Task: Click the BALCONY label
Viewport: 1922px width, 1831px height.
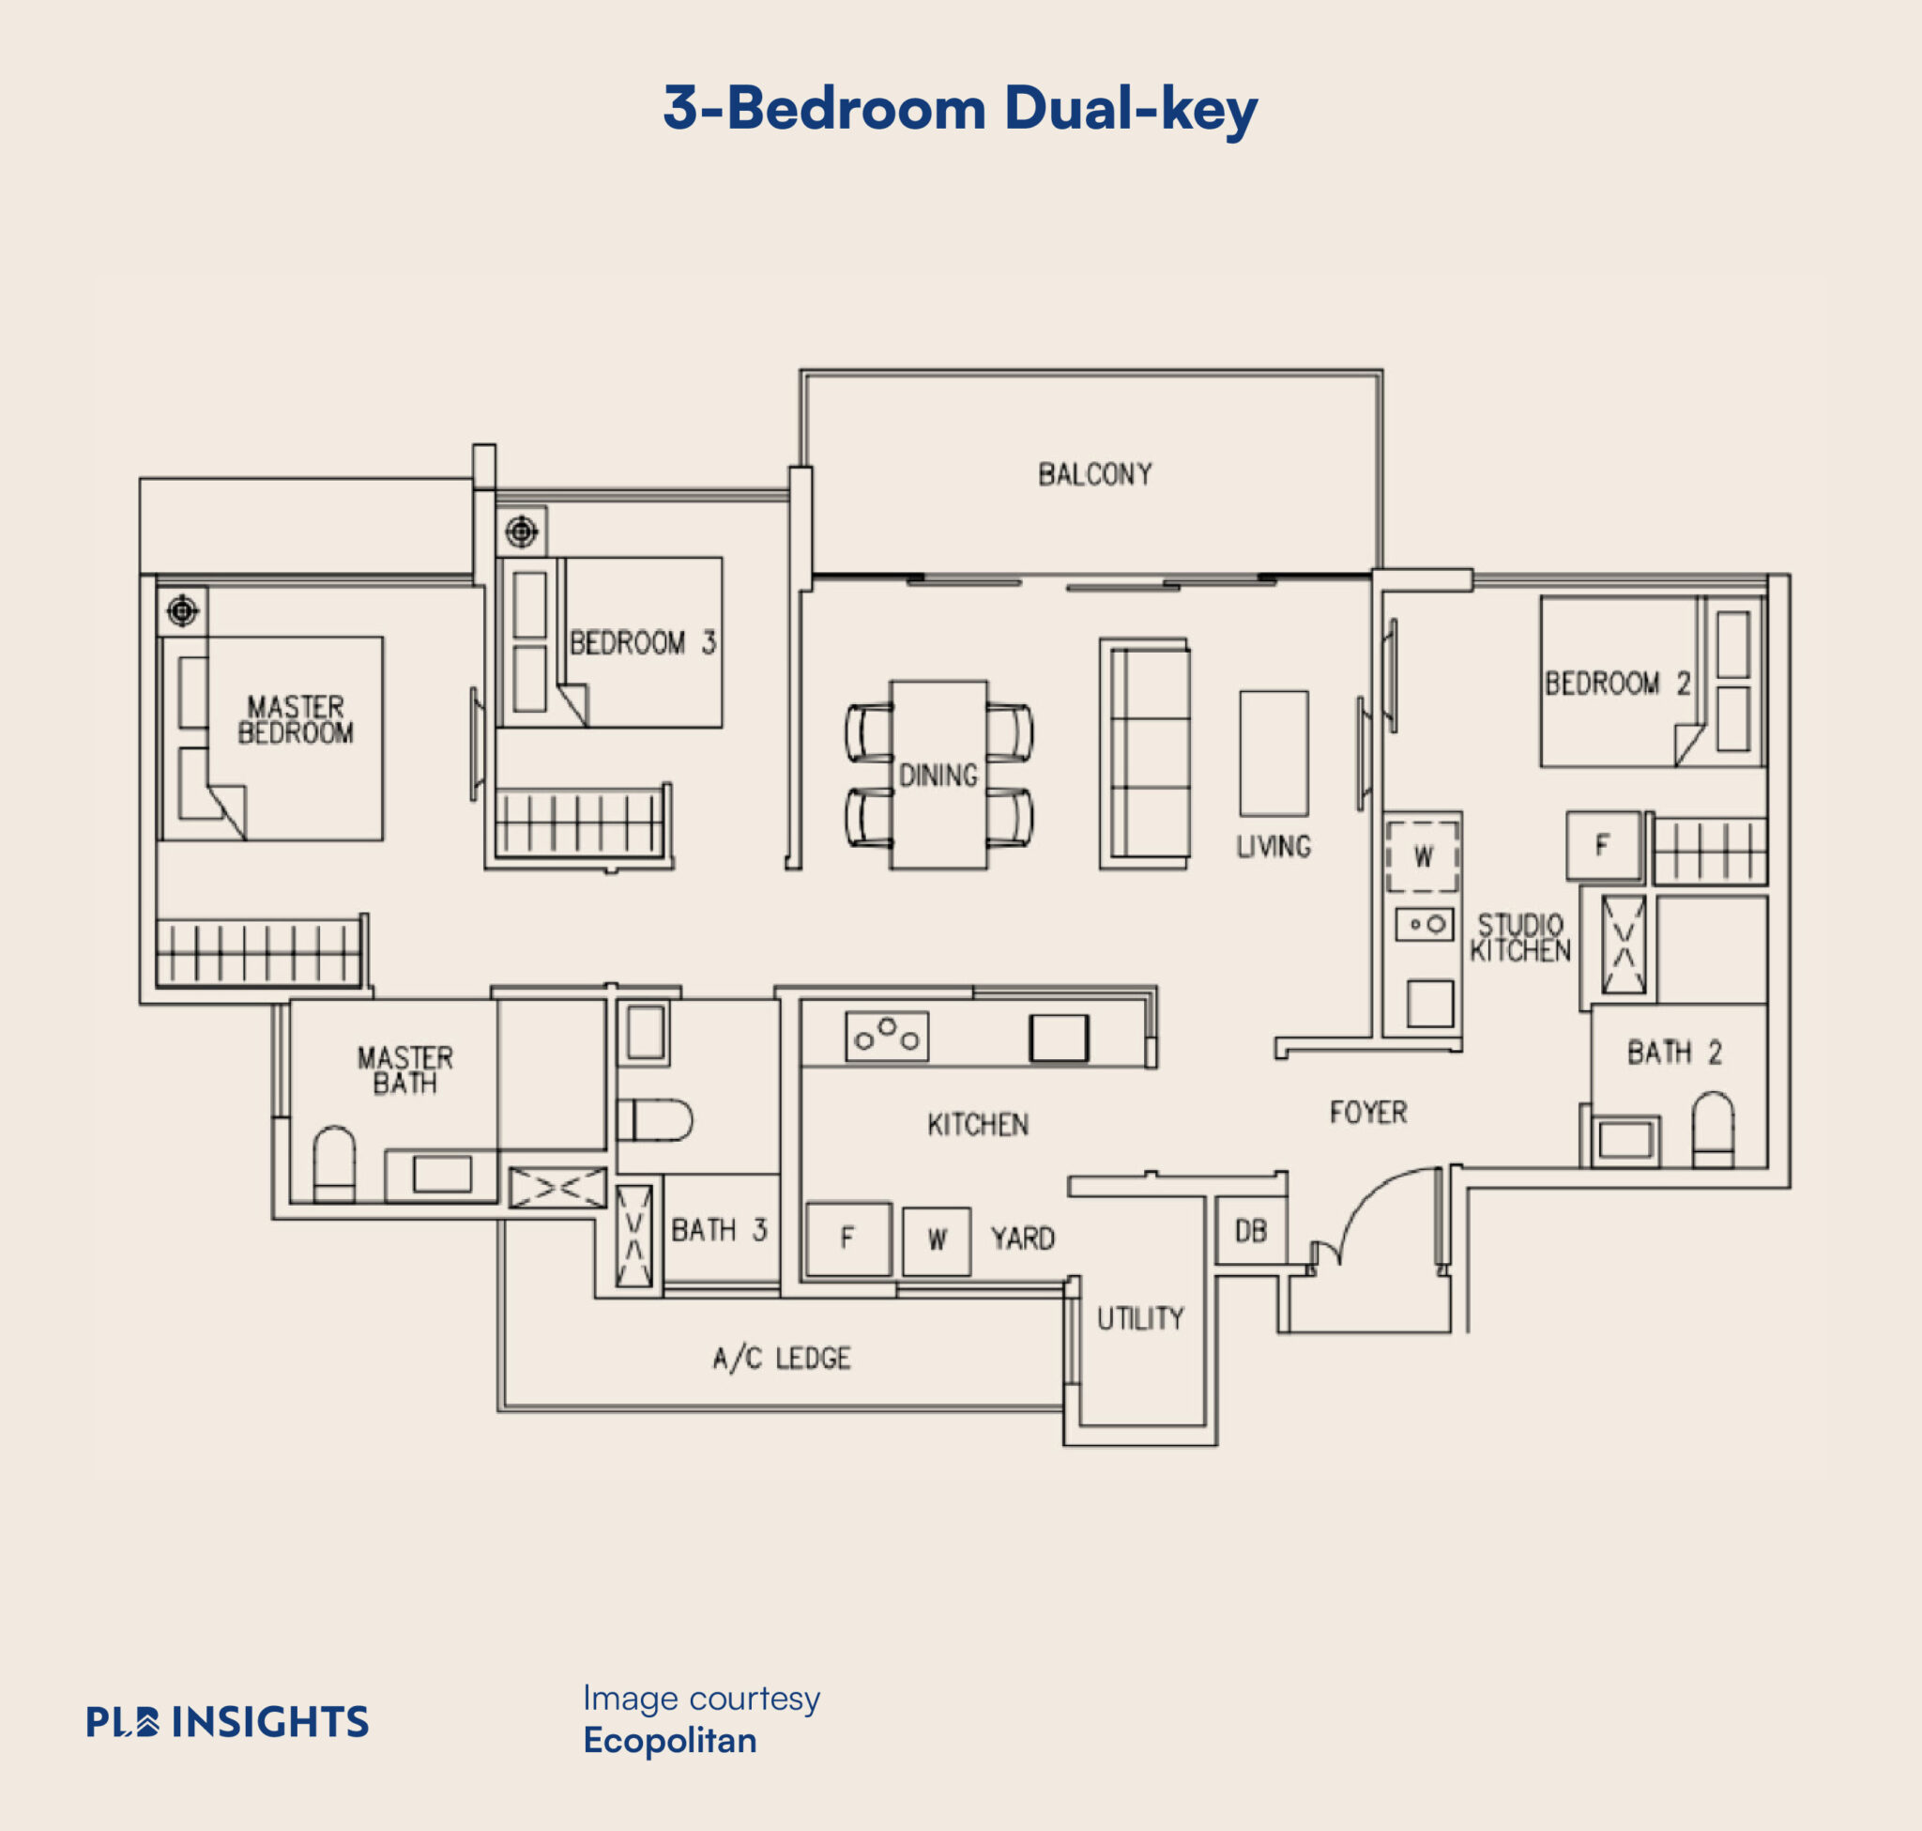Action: [1094, 474]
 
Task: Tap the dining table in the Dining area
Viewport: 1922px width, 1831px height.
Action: [938, 774]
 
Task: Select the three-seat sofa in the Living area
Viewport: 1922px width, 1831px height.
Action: [1144, 753]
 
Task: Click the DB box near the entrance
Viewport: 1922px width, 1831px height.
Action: [1251, 1231]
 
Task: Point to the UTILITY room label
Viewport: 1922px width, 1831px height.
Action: [1140, 1318]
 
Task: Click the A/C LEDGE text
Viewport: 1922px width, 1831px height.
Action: [782, 1358]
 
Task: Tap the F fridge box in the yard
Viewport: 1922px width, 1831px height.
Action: [847, 1239]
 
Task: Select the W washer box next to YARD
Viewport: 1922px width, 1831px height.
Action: [937, 1240]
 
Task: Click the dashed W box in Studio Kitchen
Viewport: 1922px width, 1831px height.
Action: [1423, 856]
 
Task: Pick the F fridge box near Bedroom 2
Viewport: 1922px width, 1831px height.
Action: [1603, 845]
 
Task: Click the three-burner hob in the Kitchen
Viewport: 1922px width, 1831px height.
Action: [887, 1036]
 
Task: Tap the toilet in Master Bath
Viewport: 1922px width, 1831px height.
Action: [334, 1163]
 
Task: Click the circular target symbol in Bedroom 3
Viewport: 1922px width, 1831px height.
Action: [521, 531]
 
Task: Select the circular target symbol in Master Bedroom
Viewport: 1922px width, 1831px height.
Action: [182, 611]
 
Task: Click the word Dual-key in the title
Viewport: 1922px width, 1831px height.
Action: [1130, 107]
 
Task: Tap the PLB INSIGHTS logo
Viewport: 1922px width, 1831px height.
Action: [227, 1722]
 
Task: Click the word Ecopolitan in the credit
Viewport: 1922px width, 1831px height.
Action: [669, 1740]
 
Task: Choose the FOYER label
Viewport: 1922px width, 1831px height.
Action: [1368, 1112]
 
